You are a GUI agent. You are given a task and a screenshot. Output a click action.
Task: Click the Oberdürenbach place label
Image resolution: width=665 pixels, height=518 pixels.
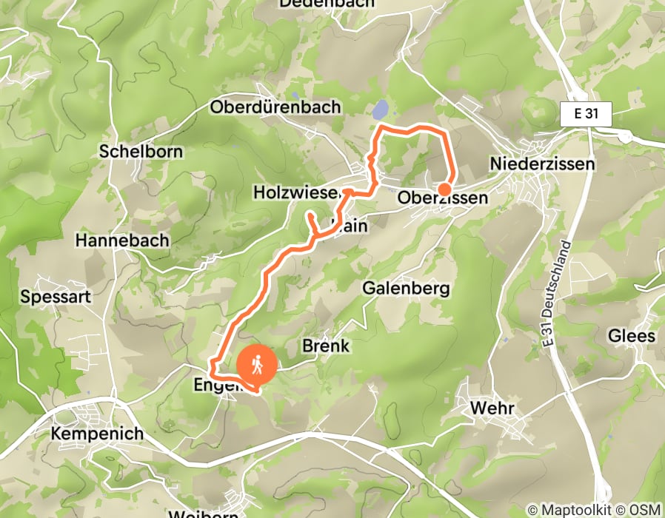tap(275, 107)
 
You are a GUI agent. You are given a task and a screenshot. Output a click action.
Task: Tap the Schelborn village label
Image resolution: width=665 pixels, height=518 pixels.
tap(141, 151)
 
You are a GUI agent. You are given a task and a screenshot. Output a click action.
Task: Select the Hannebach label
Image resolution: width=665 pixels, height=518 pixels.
tap(122, 240)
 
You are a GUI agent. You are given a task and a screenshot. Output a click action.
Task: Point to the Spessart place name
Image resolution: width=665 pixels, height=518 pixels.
tap(56, 297)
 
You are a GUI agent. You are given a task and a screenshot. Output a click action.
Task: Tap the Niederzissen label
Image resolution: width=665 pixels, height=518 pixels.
tap(542, 164)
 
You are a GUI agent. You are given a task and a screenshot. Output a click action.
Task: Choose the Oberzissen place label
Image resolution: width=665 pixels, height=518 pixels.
tap(443, 198)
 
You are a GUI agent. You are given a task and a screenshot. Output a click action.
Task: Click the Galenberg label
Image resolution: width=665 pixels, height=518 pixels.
tap(406, 288)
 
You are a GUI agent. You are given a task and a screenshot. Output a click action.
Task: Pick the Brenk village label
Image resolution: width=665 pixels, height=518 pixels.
tap(326, 346)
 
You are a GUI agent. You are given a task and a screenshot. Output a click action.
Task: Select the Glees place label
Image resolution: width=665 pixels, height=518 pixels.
tap(631, 336)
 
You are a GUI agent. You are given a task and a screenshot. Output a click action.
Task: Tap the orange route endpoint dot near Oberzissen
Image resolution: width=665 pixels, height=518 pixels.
tap(444, 189)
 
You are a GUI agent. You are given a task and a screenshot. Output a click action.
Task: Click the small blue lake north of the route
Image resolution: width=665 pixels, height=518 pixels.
tap(380, 110)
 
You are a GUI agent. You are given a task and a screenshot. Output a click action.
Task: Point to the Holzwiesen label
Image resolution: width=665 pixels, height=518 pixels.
tap(295, 192)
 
